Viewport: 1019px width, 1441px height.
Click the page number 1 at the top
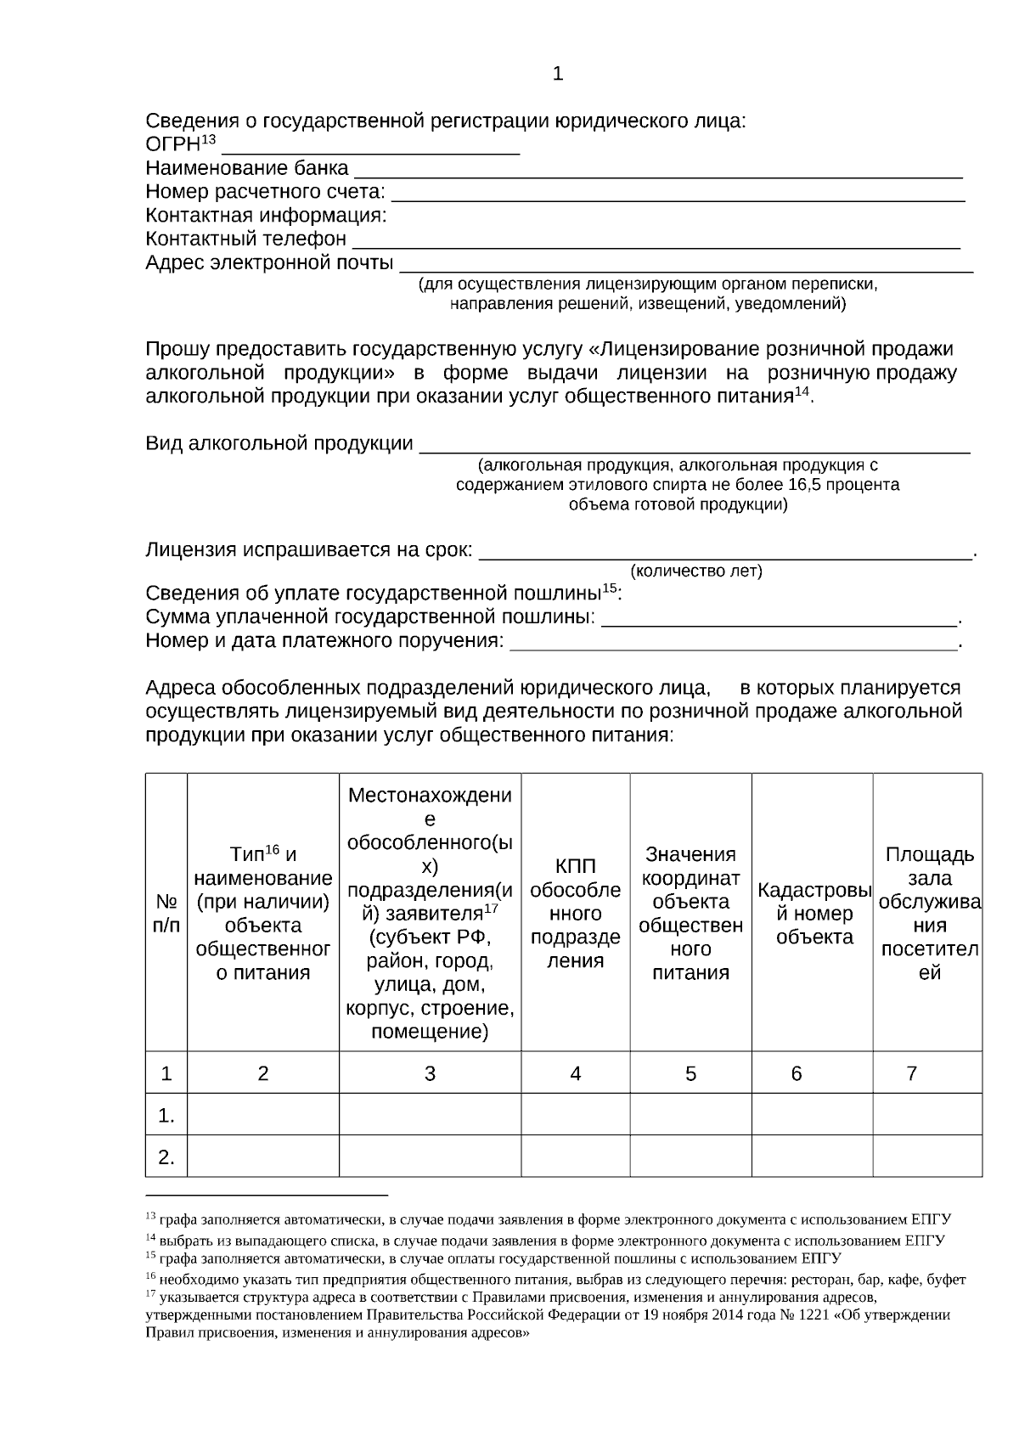pos(558,75)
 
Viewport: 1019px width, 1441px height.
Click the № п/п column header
pos(166,913)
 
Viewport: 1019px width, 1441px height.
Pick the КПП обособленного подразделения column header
pos(575,913)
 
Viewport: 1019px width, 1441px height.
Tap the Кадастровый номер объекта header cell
pos(813,914)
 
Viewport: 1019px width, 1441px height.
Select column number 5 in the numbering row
pos(690,1074)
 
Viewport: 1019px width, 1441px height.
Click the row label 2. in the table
pos(166,1157)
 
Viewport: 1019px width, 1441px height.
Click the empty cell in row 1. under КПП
pos(575,1115)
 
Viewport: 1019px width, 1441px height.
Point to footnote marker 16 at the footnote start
pos(150,1276)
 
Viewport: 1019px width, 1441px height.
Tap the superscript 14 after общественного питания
pos(802,392)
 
